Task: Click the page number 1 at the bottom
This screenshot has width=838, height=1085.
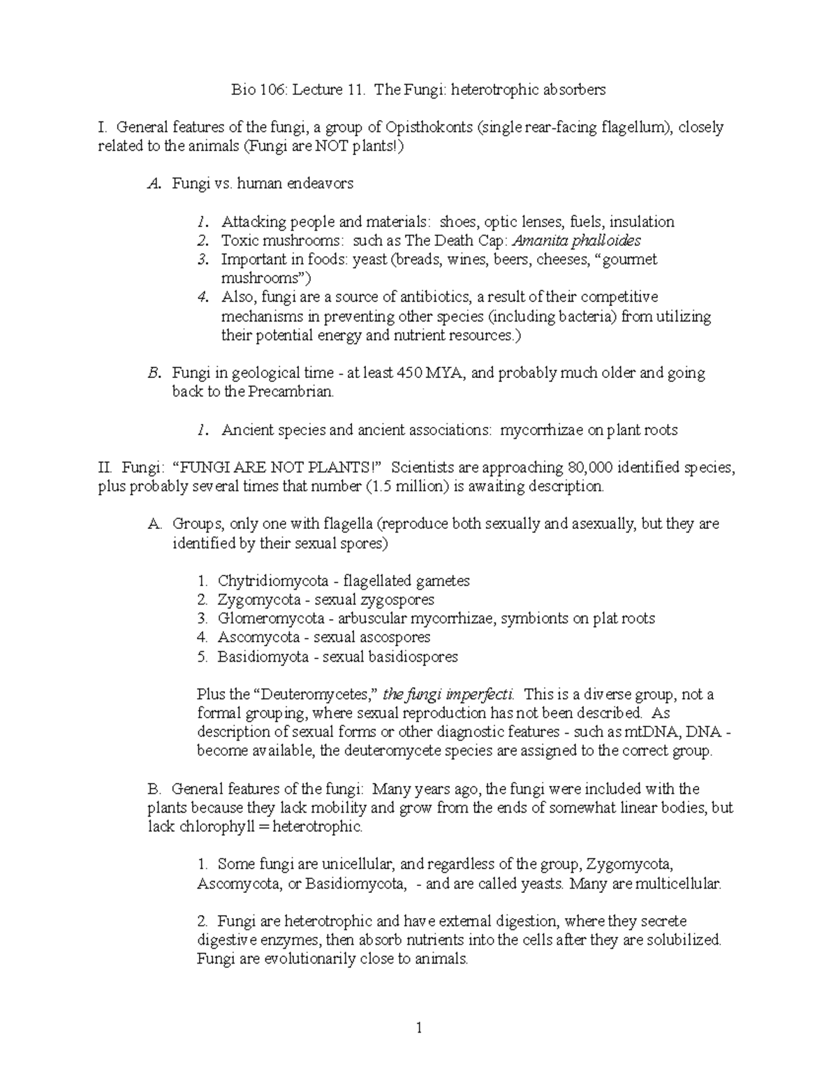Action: pos(419,1028)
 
